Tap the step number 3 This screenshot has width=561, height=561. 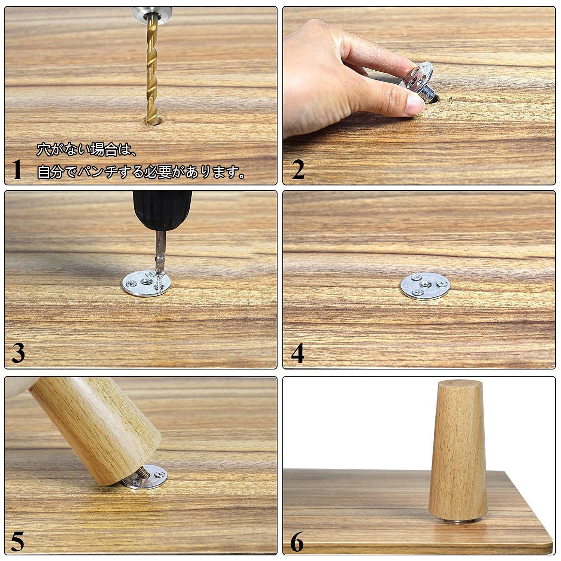[18, 353]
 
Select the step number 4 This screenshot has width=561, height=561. [298, 353]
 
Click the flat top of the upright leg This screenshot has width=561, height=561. [459, 385]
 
